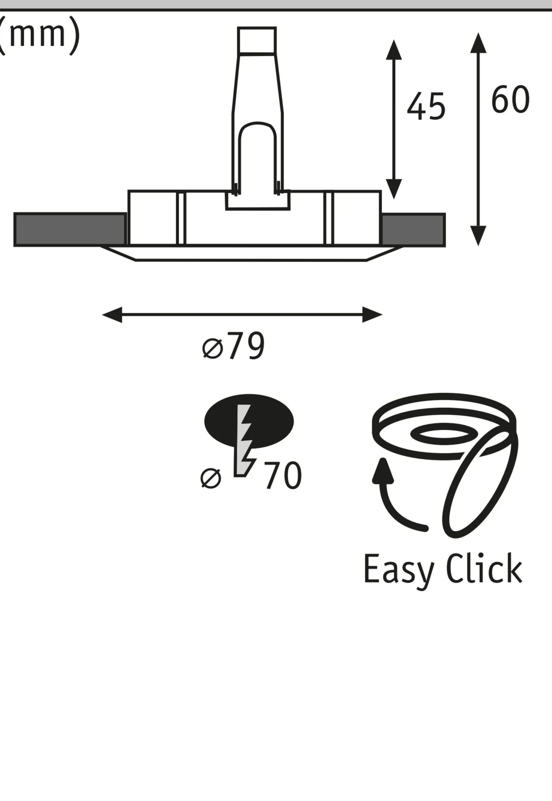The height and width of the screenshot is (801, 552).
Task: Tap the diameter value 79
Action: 247,346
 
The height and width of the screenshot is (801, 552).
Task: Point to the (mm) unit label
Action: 39,35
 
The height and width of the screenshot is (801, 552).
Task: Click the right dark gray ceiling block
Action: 413,230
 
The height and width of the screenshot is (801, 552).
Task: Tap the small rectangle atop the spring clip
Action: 257,40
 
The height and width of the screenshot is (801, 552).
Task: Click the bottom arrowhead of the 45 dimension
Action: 394,189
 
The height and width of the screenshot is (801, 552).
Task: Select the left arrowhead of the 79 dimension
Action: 112,315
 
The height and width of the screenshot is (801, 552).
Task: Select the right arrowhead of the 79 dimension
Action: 372,315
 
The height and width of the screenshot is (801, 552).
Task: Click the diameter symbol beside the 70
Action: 211,478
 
